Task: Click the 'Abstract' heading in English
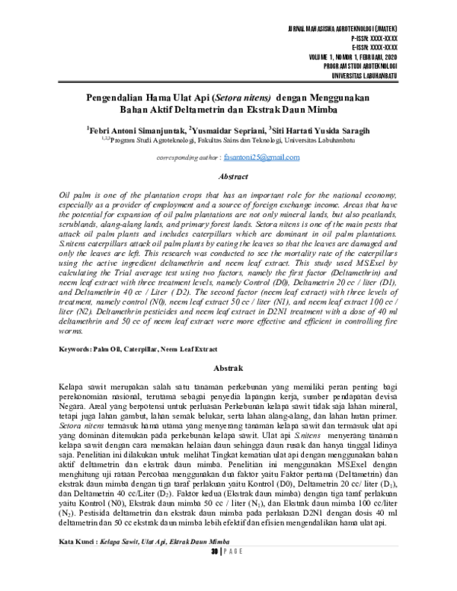pyautogui.click(x=228, y=177)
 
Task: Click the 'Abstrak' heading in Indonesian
pyautogui.click(x=228, y=367)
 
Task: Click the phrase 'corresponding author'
pyautogui.click(x=187, y=158)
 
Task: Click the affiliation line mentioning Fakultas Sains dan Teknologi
pyautogui.click(x=228, y=140)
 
